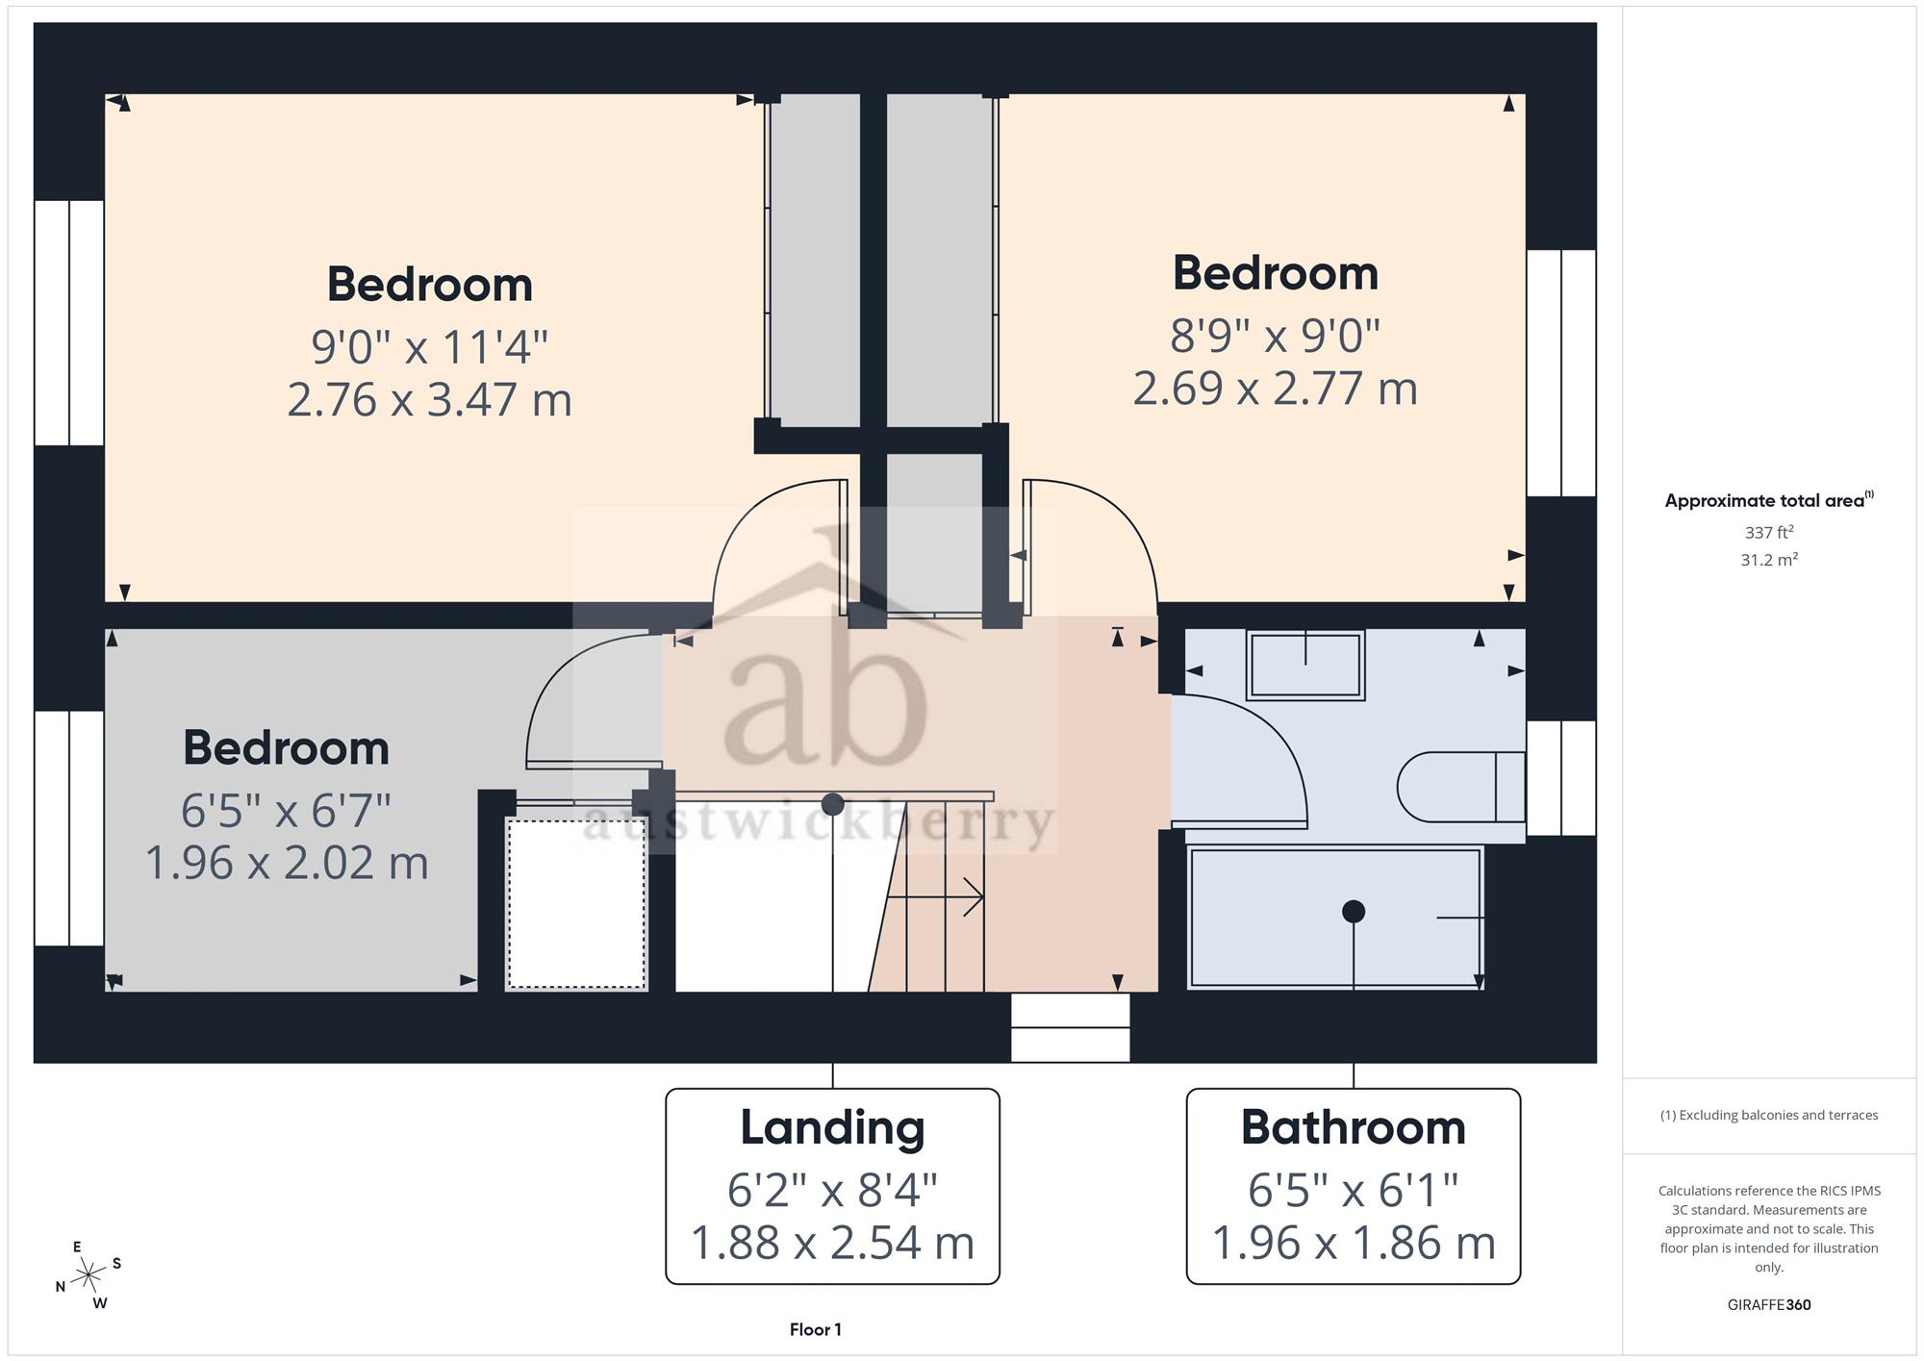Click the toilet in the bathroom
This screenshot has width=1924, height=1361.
click(x=1460, y=787)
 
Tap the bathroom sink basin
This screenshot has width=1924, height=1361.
click(x=1305, y=665)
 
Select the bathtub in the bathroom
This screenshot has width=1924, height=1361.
click(x=1336, y=918)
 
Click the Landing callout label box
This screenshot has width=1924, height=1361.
click(x=832, y=1186)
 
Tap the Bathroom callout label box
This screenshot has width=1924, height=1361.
click(x=1353, y=1186)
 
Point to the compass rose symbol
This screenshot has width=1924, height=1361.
click(x=89, y=1275)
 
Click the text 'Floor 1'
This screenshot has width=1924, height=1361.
click(x=815, y=1329)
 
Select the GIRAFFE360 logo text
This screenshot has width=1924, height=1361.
click(x=1768, y=1304)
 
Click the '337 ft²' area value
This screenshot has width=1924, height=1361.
click(x=1768, y=531)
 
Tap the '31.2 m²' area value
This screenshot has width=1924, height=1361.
click(x=1768, y=559)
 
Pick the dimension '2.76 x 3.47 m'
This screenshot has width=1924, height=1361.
click(x=429, y=399)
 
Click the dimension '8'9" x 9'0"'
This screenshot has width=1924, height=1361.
click(x=1275, y=336)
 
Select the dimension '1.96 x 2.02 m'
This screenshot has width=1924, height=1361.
click(x=286, y=862)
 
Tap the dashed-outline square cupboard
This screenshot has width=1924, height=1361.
click(x=576, y=902)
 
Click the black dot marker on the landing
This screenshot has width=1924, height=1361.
click(x=833, y=803)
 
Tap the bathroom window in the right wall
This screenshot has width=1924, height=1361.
click(x=1561, y=778)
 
